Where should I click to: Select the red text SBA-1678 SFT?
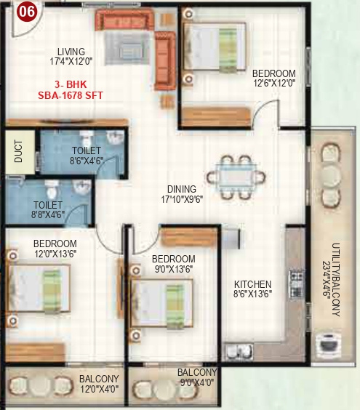coord(71,95)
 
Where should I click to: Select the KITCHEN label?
coord(252,284)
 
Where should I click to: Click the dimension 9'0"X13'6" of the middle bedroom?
coord(173,270)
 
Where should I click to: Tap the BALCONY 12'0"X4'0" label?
coord(99,384)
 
